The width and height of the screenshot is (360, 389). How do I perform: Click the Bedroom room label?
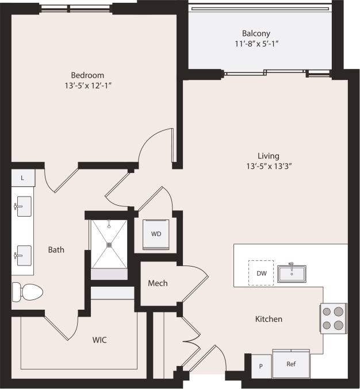(x=87, y=75)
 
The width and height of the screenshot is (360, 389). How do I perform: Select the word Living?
(x=269, y=156)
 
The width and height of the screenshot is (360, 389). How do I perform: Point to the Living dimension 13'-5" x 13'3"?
(x=269, y=167)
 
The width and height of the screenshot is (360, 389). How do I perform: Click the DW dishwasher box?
(x=262, y=273)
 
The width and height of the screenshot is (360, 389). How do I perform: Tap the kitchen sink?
(x=292, y=273)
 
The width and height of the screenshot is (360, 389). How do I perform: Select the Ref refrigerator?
(x=291, y=364)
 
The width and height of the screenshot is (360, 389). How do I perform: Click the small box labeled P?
(x=261, y=366)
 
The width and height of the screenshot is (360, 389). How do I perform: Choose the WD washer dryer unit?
(x=156, y=234)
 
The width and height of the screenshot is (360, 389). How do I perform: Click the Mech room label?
(x=158, y=283)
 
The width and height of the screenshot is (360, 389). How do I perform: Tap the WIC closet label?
(x=99, y=340)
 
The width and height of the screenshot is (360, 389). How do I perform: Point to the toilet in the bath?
(x=28, y=292)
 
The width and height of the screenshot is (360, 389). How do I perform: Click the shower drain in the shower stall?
(x=109, y=244)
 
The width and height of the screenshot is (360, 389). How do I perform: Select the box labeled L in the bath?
(x=22, y=178)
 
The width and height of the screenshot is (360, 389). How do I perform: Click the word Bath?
(x=56, y=250)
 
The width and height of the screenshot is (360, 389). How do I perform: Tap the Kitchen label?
(x=269, y=319)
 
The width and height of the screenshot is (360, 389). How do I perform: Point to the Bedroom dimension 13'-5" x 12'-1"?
(x=87, y=86)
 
